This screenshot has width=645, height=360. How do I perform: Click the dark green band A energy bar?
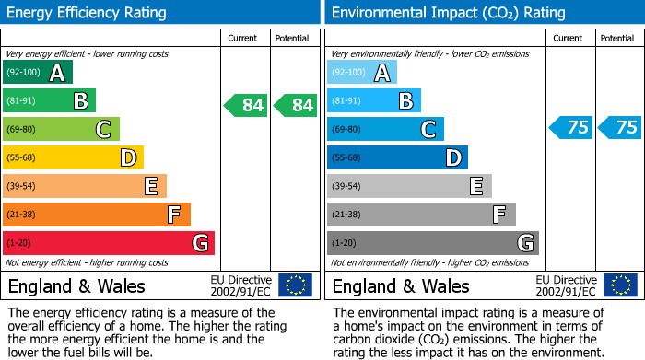pyautogui.click(x=37, y=73)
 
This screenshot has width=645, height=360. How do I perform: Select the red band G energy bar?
pyautogui.click(x=108, y=243)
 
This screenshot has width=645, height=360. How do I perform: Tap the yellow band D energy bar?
pyautogui.click(x=73, y=157)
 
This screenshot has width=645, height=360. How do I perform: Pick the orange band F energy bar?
pyautogui.click(x=96, y=215)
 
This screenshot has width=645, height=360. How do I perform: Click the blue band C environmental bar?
pyautogui.click(x=384, y=129)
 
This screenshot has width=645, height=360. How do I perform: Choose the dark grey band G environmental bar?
pyautogui.click(x=432, y=243)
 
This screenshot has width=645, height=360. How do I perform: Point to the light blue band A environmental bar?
pyautogui.click(x=361, y=73)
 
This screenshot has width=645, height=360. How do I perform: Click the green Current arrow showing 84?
pyautogui.click(x=246, y=106)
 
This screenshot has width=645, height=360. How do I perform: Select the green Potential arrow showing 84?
pyautogui.click(x=296, y=106)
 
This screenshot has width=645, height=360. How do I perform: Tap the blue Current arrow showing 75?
pyautogui.click(x=570, y=128)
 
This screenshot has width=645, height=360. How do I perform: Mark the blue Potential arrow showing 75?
pyautogui.click(x=620, y=128)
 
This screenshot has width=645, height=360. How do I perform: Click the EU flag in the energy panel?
pyautogui.click(x=295, y=285)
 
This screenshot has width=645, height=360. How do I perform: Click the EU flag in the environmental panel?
pyautogui.click(x=619, y=285)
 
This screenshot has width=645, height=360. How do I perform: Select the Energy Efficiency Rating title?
pyautogui.click(x=88, y=13)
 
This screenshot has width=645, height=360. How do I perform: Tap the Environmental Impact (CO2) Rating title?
pyautogui.click(x=448, y=13)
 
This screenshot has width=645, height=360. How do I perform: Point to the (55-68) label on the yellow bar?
pyautogui.click(x=23, y=157)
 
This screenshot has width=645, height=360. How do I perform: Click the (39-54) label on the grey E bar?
pyautogui.click(x=347, y=186)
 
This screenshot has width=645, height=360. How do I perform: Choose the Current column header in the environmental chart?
pyautogui.click(x=569, y=38)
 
